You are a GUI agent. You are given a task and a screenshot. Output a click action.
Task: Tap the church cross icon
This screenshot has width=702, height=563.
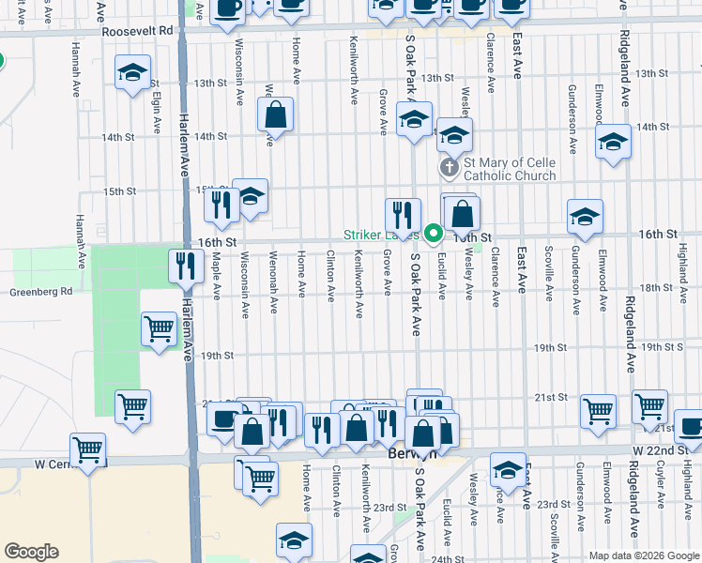450,169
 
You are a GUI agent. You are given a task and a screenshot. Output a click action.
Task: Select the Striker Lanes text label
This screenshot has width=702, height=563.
379,235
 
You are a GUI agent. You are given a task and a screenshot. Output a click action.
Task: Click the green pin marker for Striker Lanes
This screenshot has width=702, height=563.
433,233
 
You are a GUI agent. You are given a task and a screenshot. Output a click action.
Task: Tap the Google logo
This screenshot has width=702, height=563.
31,552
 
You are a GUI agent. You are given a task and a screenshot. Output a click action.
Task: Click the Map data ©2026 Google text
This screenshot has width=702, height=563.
643,555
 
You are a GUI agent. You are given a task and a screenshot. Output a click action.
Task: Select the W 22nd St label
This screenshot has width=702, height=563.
664,450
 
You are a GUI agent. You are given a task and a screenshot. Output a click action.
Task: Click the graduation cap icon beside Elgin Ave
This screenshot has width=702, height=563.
132,72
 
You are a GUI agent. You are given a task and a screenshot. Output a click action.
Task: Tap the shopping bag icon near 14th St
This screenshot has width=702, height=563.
276,116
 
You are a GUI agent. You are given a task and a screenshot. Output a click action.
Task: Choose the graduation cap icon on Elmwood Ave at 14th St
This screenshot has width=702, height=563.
613,143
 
